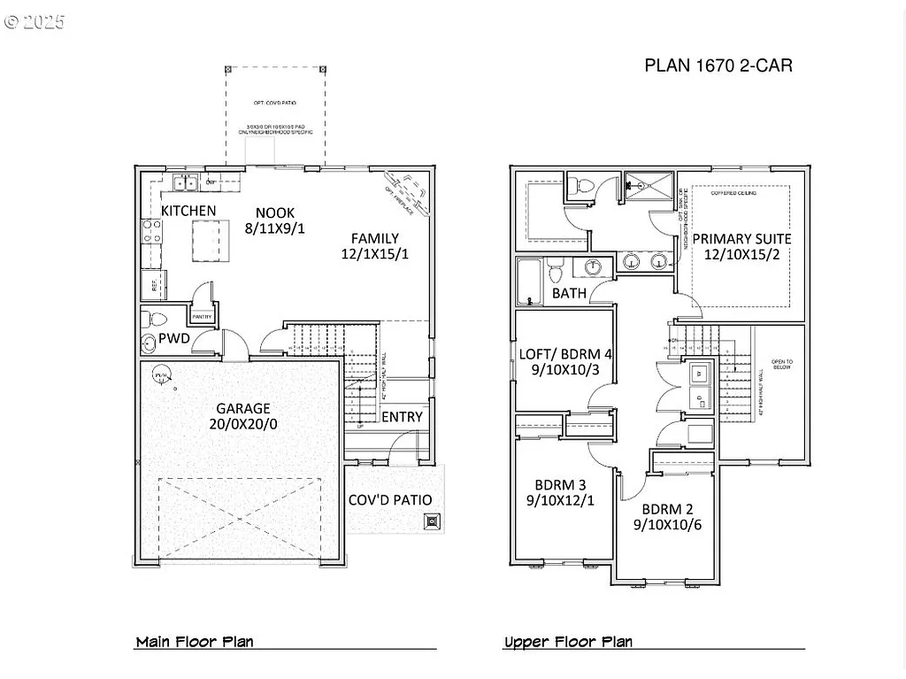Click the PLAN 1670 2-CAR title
click(718, 66)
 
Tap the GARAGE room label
click(243, 408)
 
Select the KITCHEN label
click(188, 211)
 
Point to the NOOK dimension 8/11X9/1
click(275, 228)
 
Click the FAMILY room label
click(374, 238)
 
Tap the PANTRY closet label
click(203, 316)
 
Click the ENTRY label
click(402, 417)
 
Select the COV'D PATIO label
click(389, 500)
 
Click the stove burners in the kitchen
click(151, 232)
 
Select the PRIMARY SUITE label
click(741, 239)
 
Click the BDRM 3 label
click(560, 485)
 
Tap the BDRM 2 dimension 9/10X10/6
click(668, 525)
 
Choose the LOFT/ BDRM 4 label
click(565, 354)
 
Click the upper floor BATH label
click(569, 293)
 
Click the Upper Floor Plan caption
click(568, 642)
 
